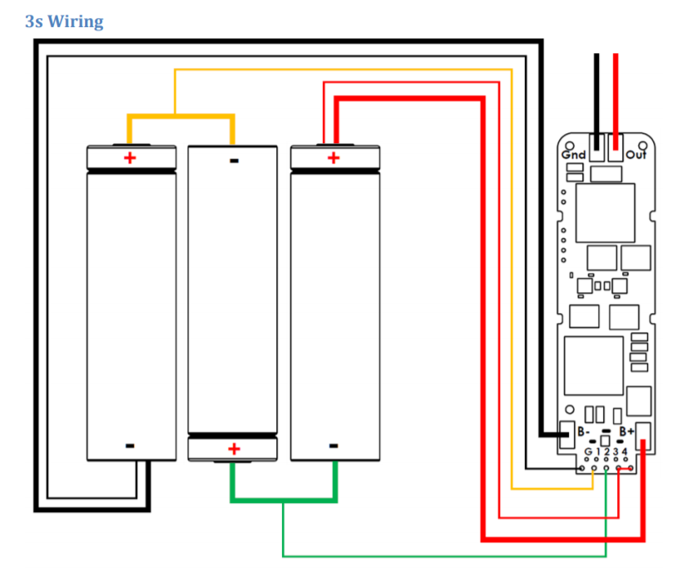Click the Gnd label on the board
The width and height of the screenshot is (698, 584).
[572, 154]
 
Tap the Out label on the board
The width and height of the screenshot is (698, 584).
[635, 154]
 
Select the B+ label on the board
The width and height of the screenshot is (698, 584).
[627, 431]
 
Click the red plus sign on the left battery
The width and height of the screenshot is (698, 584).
[130, 157]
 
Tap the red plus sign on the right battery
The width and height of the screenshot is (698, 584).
[333, 157]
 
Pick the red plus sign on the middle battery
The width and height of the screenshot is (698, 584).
[234, 448]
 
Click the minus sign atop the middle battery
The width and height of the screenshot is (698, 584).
[235, 161]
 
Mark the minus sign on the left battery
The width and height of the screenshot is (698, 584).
[130, 446]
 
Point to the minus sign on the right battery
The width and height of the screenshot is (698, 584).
[333, 446]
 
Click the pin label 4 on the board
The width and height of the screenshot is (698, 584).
[625, 452]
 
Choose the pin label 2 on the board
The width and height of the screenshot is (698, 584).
[606, 452]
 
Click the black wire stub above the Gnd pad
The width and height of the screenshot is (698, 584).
[597, 98]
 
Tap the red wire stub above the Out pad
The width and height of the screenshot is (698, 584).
[615, 98]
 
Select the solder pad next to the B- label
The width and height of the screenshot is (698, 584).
[566, 434]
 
